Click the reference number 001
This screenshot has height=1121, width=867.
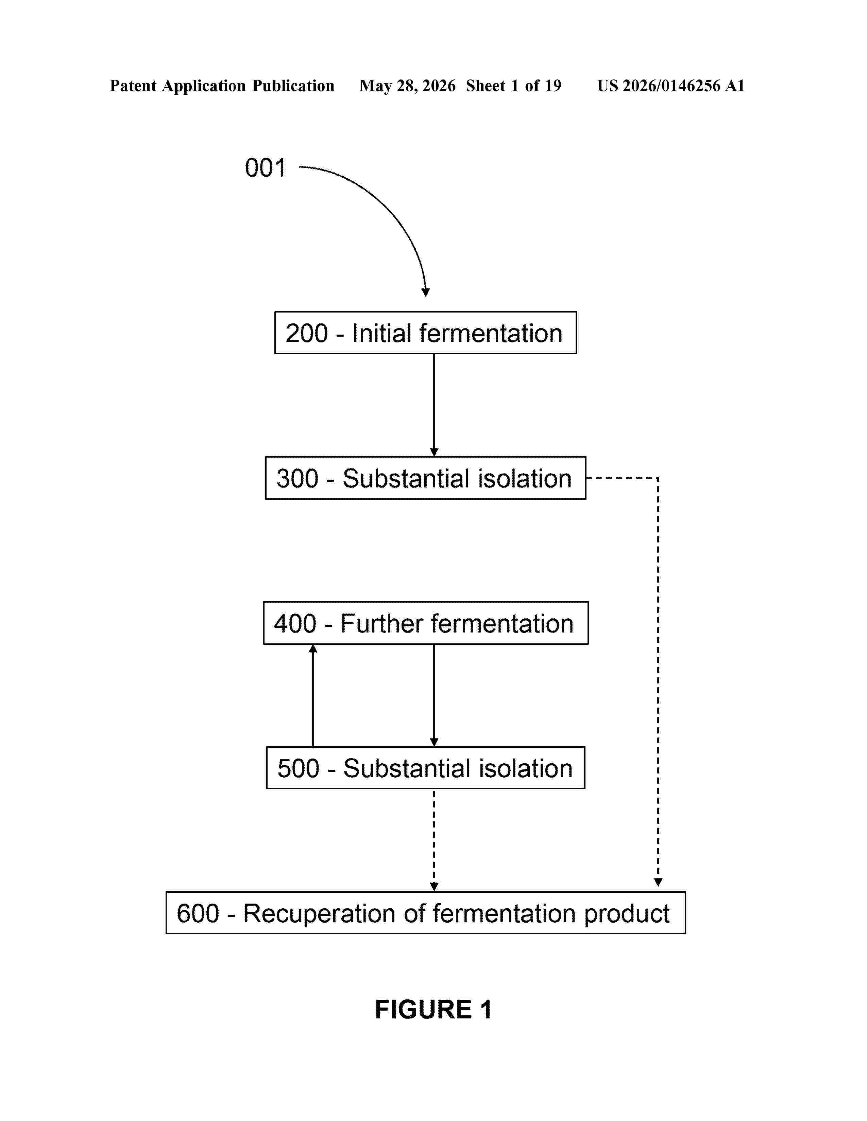tap(265, 168)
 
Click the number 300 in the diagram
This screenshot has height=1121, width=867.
tap(297, 478)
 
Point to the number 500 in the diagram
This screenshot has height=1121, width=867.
tap(299, 768)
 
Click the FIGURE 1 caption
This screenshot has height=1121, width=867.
tap(433, 1010)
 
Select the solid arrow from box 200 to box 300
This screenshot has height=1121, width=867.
tap(434, 405)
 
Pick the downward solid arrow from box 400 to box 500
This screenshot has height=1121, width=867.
tap(434, 695)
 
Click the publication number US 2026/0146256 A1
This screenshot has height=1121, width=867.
tap(671, 86)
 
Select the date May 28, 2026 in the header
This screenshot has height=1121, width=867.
tap(407, 86)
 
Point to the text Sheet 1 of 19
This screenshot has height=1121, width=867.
tap(514, 86)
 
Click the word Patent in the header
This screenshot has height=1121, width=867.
tap(133, 86)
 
